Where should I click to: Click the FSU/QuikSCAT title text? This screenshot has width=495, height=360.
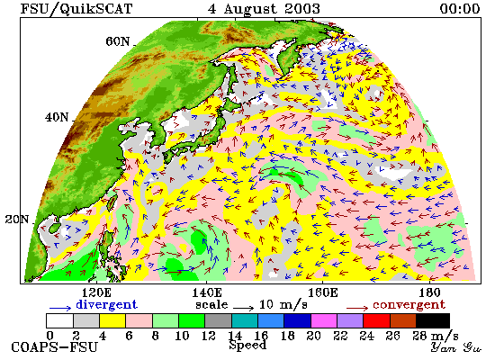coord(76,9)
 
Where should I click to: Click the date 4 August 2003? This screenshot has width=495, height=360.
coord(264,9)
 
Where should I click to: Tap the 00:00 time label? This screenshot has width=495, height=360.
coord(460,9)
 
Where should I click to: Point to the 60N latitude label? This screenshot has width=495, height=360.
coord(117,41)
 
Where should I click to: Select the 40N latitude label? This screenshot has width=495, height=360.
coord(57,118)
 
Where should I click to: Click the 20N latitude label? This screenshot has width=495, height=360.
coord(17,220)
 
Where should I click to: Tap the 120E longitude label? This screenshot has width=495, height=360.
coord(96,292)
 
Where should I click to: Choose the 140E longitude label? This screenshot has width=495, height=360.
coord(207,292)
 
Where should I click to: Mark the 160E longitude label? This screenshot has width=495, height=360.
coord(322,292)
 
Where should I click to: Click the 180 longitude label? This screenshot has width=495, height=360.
coord(430,292)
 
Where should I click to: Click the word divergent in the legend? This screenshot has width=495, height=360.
coord(107,305)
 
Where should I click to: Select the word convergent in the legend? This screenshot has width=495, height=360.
coord(409,305)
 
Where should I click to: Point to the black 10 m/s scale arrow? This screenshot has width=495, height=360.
coord(243,308)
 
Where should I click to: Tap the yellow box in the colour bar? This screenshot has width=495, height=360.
coord(112,320)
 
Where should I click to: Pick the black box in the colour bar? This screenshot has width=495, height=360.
coord(433,320)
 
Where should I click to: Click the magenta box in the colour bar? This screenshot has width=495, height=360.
coord(324,320)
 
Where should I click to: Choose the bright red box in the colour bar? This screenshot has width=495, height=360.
coord(376,320)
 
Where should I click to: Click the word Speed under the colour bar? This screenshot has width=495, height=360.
coord(247,346)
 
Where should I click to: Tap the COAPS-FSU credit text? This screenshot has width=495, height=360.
coord(54,347)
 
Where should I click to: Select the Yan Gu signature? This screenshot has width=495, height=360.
coord(456,347)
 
